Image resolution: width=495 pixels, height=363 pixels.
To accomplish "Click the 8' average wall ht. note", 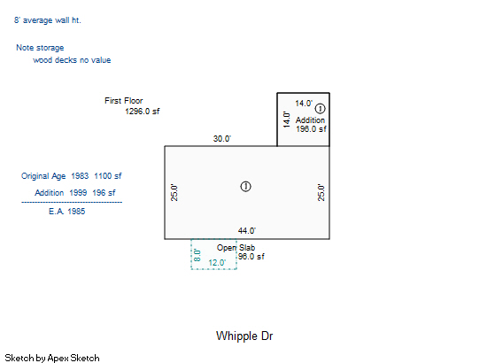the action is coord(48,20).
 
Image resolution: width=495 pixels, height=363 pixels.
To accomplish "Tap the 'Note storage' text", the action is coord(40,48).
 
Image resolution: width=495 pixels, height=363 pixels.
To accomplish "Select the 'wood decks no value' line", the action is coord(72,60).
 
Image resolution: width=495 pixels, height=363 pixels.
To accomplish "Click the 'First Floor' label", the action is coord(124,101).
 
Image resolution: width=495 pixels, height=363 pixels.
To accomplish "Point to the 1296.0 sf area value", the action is coord(143,112).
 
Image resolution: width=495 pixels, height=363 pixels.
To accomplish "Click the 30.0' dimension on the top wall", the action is coord(222,139).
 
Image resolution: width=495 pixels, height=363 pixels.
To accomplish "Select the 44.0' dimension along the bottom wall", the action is coord(247,231).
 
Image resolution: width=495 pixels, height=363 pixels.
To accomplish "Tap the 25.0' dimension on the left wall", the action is coord(174,192).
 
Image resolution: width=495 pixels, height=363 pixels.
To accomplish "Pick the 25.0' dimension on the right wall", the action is coord(321,192).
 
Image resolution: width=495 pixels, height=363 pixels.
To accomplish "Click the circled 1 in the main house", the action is coord(245,187).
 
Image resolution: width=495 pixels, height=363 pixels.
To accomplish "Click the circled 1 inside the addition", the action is coord(320,109).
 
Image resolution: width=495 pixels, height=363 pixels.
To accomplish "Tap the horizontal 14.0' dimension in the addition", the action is coord(304,104).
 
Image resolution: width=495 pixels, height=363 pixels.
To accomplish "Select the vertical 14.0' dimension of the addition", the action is coord(287,120).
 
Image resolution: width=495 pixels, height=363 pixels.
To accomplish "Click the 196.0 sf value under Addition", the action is coord(311,129).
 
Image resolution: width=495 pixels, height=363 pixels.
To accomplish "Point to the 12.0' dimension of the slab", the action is coord(217,263).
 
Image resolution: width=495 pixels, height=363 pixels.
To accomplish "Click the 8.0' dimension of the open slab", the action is coord(197,255).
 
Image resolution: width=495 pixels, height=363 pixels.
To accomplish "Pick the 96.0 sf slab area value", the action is coord(251,257).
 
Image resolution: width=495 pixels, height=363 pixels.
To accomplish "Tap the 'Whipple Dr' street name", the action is coord(244,336).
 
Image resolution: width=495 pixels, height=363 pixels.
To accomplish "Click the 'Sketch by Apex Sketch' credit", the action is coord(52,358).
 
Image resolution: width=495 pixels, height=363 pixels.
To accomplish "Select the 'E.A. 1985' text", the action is coord(67,212).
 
